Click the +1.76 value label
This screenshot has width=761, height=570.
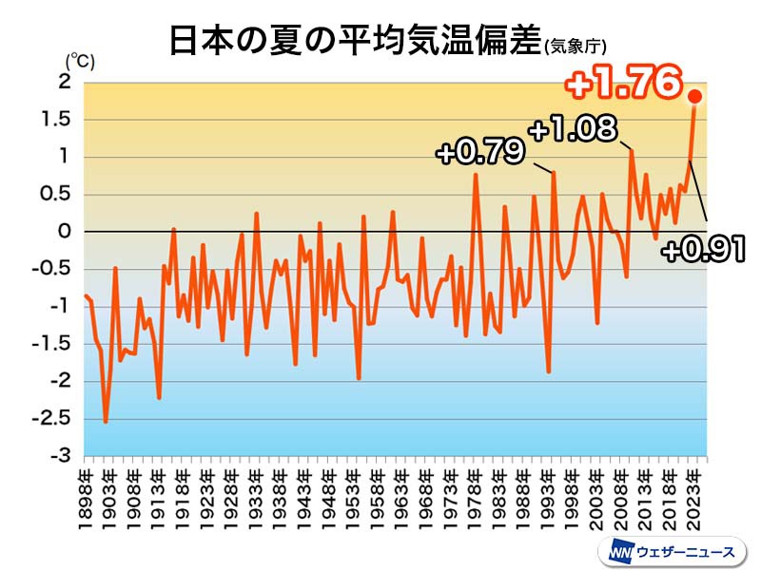624,85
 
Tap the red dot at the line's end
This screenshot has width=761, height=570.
695,96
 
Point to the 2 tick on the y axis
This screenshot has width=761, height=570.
66,83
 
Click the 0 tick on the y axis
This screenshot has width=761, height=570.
66,232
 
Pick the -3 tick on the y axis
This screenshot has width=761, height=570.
61,456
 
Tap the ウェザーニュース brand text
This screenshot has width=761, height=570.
686,551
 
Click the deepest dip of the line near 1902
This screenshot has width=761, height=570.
106,422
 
